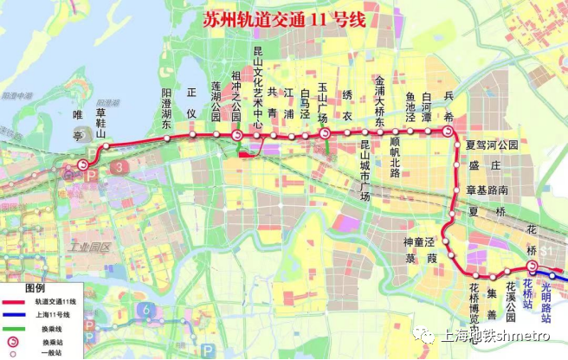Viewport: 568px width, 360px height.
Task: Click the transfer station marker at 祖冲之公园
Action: pyautogui.click(x=236, y=136)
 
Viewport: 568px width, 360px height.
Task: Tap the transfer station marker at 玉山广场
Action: pyautogui.click(x=325, y=134)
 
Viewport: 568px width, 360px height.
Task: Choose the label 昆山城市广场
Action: pyautogui.click(x=365, y=170)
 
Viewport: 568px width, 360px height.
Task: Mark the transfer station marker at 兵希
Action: pyautogui.click(x=447, y=132)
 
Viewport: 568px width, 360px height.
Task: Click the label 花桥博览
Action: pyautogui.click(x=474, y=300)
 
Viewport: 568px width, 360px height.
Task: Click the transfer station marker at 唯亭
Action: pyautogui.click(x=83, y=164)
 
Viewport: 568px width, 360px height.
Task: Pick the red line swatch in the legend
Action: pyautogui.click(x=15, y=300)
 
